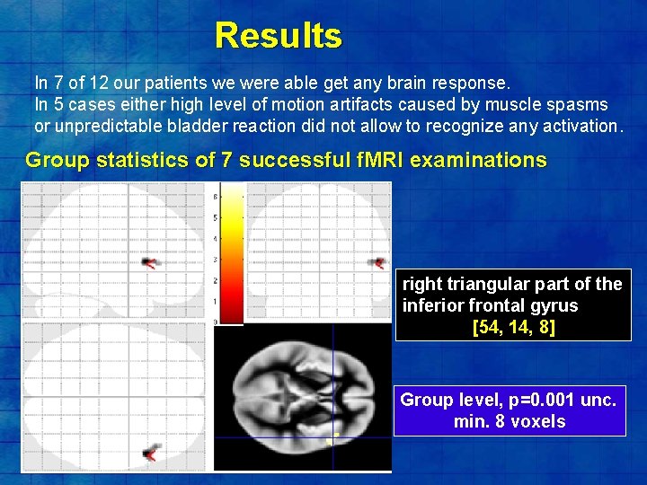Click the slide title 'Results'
click(x=279, y=36)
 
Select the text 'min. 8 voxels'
click(x=510, y=421)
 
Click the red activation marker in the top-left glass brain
click(x=150, y=262)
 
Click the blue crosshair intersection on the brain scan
click(x=332, y=437)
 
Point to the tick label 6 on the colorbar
click(x=214, y=197)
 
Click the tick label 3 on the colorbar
click(x=214, y=260)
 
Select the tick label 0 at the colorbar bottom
click(x=214, y=322)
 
